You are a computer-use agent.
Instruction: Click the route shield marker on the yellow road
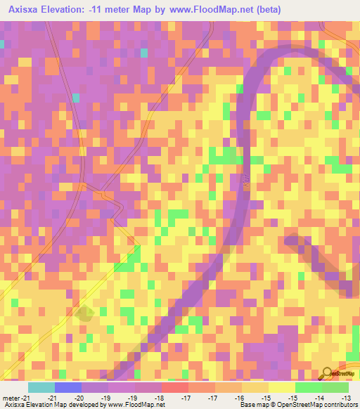click(84, 314)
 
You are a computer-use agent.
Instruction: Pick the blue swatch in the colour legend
click(67, 387)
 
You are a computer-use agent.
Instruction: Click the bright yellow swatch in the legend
click(282, 387)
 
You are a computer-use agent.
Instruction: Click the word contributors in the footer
click(342, 405)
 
